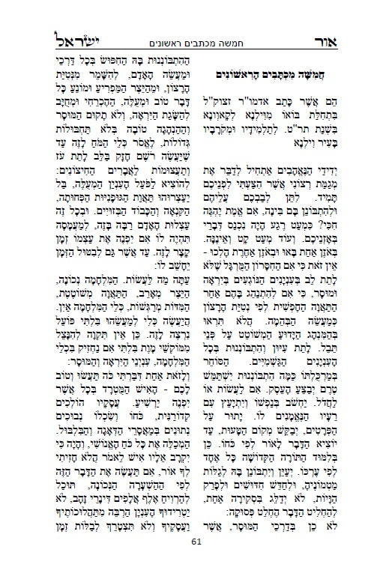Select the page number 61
pyautogui.click(x=197, y=563)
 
